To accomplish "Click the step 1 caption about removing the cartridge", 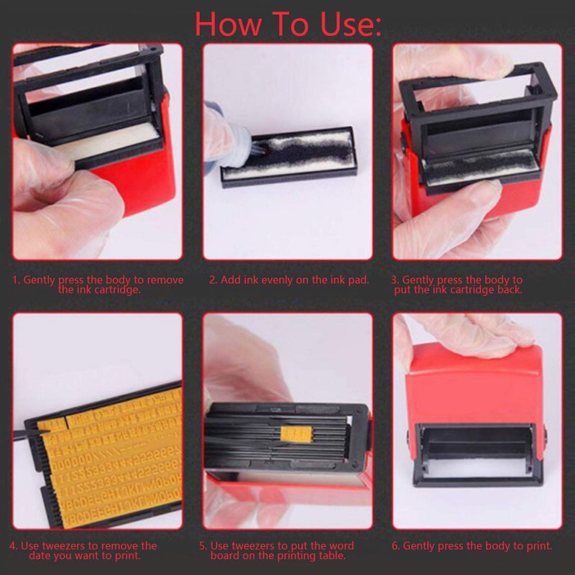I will (98, 285).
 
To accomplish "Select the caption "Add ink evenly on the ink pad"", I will (289, 280).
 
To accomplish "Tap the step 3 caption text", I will (456, 285).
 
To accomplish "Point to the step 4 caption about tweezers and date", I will (88, 551).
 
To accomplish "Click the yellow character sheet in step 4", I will (108, 467).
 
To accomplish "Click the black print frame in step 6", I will (475, 453).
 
